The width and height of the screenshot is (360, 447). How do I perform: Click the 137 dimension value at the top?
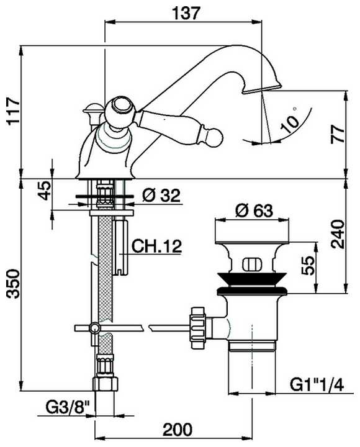click(x=186, y=12)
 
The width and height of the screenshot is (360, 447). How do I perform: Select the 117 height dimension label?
click(x=13, y=111)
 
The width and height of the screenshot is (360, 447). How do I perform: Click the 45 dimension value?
click(x=45, y=191)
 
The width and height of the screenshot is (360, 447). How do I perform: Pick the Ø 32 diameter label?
click(x=161, y=196)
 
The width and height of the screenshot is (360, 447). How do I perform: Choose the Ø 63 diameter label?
click(x=254, y=210)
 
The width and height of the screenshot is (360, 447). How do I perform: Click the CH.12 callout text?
click(x=156, y=246)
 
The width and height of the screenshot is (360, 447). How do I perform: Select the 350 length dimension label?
click(x=13, y=284)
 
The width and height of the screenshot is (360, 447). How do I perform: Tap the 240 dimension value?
click(x=338, y=234)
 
